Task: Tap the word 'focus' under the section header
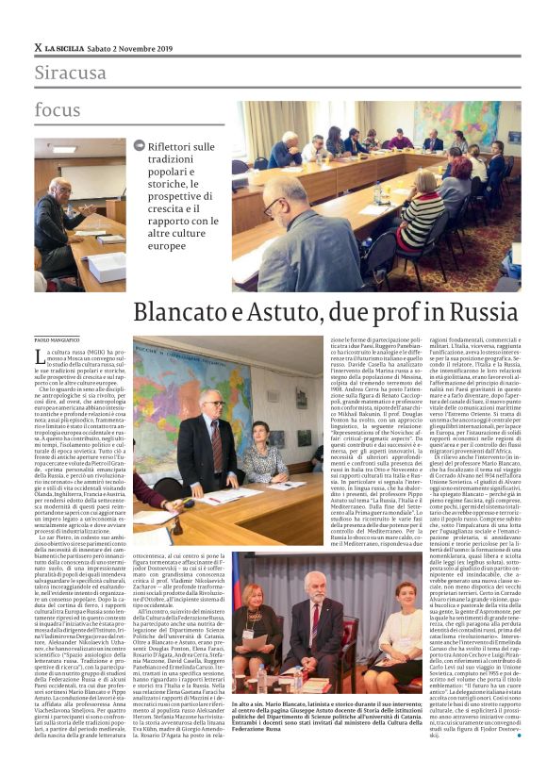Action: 58,110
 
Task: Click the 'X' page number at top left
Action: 38,47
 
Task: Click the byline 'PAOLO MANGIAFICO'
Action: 56,342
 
